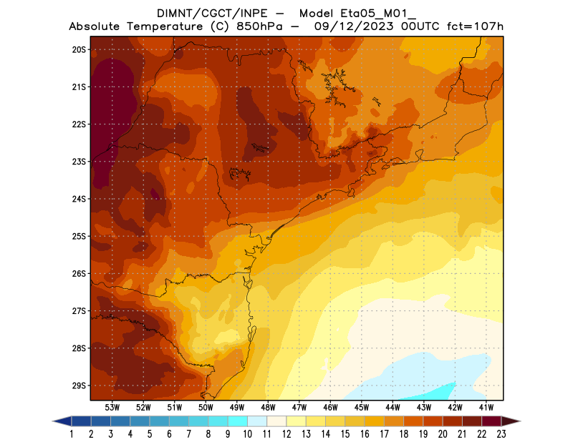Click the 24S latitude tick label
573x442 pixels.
pos(79,199)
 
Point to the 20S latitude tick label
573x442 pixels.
pos(79,49)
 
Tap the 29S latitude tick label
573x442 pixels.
pos(79,385)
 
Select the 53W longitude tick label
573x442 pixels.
pos(112,407)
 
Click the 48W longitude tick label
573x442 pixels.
pos(268,407)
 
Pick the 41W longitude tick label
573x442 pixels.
pos(486,407)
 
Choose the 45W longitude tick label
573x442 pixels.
pos(362,407)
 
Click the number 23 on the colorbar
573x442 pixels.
pos(501,434)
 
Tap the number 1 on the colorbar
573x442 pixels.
pos(72,434)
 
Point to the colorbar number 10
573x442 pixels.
pos(247,434)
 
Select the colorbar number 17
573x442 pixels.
pos(384,434)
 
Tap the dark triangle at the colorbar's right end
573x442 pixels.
pos(510,421)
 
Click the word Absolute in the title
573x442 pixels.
pos(97,26)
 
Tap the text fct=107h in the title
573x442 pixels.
pos(476,26)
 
